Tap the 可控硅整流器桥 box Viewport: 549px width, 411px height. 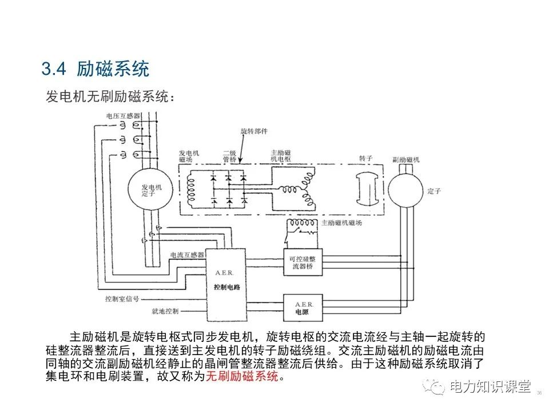(303, 262)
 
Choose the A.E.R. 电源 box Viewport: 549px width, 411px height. (303, 308)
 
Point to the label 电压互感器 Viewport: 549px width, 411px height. (123, 116)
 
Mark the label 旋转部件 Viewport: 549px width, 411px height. (254, 131)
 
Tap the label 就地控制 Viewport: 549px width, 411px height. (165, 312)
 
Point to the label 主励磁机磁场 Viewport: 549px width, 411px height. (341, 223)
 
